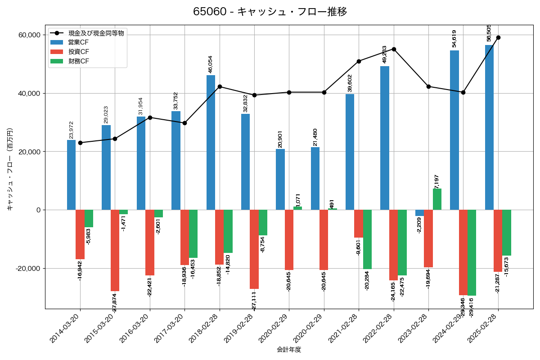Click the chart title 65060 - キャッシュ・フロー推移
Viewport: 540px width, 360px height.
coord(270,12)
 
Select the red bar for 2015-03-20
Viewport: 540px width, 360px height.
coord(115,250)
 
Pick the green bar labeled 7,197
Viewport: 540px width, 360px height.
coord(437,199)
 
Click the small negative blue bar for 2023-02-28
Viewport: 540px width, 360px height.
coord(419,213)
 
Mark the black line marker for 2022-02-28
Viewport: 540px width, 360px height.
coord(394,49)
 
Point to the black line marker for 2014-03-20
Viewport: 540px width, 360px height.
coord(80,143)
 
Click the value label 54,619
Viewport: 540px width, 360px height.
coord(454,39)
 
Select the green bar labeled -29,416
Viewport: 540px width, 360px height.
coord(472,252)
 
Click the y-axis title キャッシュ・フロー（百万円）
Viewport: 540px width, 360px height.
coord(10,170)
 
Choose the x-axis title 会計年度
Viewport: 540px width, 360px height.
coord(289,350)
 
